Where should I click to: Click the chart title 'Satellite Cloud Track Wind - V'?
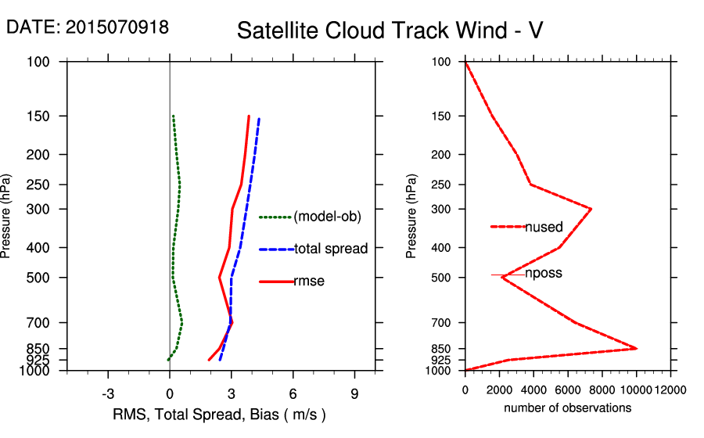pos(390,31)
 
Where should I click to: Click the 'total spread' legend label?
pos(330,249)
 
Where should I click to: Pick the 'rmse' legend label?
pos(309,282)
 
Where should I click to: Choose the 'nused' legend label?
pos(544,227)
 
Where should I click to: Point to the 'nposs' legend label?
pos(544,274)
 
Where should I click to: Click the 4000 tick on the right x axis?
pos(533,390)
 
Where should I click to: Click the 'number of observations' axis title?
pos(567,408)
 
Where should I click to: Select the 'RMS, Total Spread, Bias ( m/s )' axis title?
pos(219,414)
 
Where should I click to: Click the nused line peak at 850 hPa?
pos(636,348)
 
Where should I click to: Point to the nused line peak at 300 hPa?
pos(591,209)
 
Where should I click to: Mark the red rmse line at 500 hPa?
pos(220,277)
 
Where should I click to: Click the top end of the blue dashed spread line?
pos(259,119)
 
